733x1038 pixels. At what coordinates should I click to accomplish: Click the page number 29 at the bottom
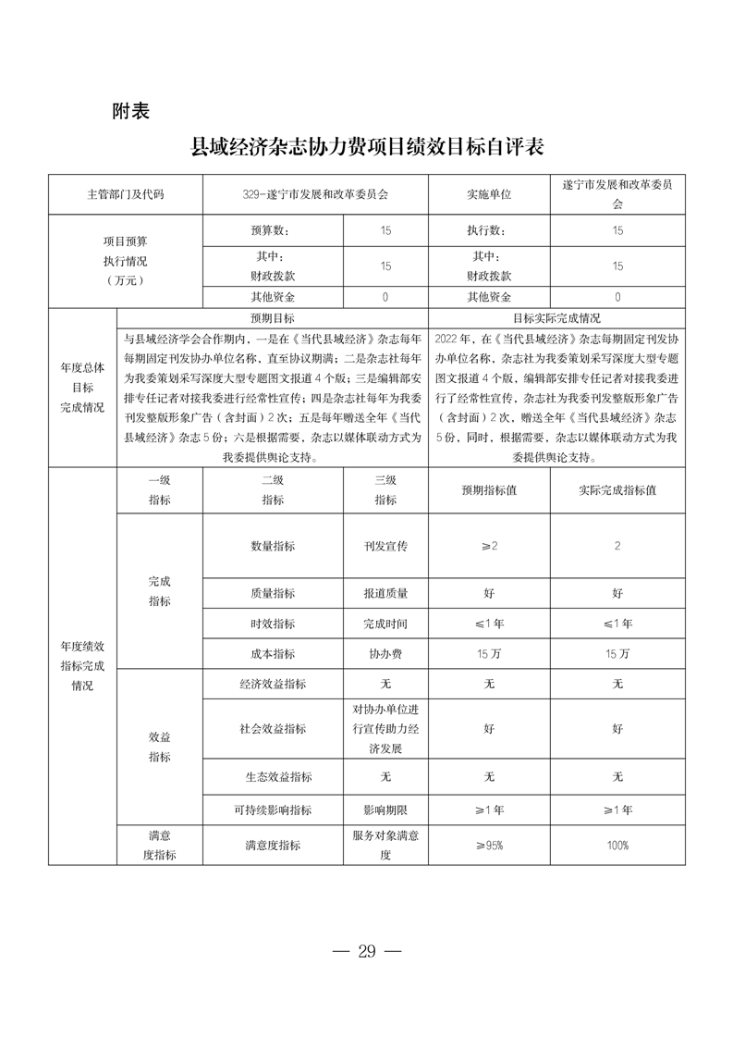[367, 951]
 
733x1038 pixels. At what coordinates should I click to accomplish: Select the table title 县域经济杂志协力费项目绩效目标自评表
[367, 147]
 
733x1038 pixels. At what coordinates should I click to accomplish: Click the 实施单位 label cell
[489, 195]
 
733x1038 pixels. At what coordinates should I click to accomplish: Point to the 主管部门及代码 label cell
[126, 195]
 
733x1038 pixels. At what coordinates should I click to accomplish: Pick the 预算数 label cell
[273, 230]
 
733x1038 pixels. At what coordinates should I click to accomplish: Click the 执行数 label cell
[489, 230]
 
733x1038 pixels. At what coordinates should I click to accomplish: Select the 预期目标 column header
[273, 316]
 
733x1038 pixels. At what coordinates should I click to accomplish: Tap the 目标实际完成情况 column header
[557, 316]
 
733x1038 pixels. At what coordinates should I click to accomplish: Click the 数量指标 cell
[273, 546]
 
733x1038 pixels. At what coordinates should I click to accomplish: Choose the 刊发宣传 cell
[385, 546]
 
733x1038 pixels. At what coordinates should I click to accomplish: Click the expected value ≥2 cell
[489, 546]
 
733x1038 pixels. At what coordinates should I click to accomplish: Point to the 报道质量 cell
[385, 593]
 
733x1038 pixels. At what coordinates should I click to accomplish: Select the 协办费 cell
[385, 653]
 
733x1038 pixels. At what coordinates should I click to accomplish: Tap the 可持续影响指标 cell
[273, 809]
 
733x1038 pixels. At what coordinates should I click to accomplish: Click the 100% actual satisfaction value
[617, 845]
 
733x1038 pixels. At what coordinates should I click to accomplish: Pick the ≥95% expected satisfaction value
[489, 845]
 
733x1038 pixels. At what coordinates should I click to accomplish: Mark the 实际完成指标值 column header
[617, 490]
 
